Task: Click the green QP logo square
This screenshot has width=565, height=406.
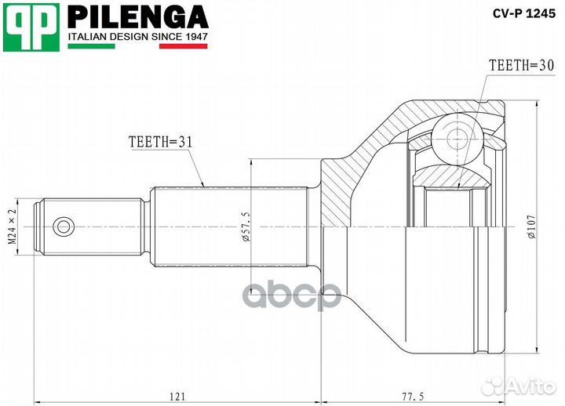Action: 31,27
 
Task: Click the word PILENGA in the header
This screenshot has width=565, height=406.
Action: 138,16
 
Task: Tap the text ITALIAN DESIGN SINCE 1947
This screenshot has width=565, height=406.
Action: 138,37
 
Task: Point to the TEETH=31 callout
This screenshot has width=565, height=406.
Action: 160,142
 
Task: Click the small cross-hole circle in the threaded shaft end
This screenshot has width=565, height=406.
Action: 62,227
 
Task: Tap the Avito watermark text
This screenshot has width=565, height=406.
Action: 529,386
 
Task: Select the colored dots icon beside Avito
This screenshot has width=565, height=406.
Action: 494,386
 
